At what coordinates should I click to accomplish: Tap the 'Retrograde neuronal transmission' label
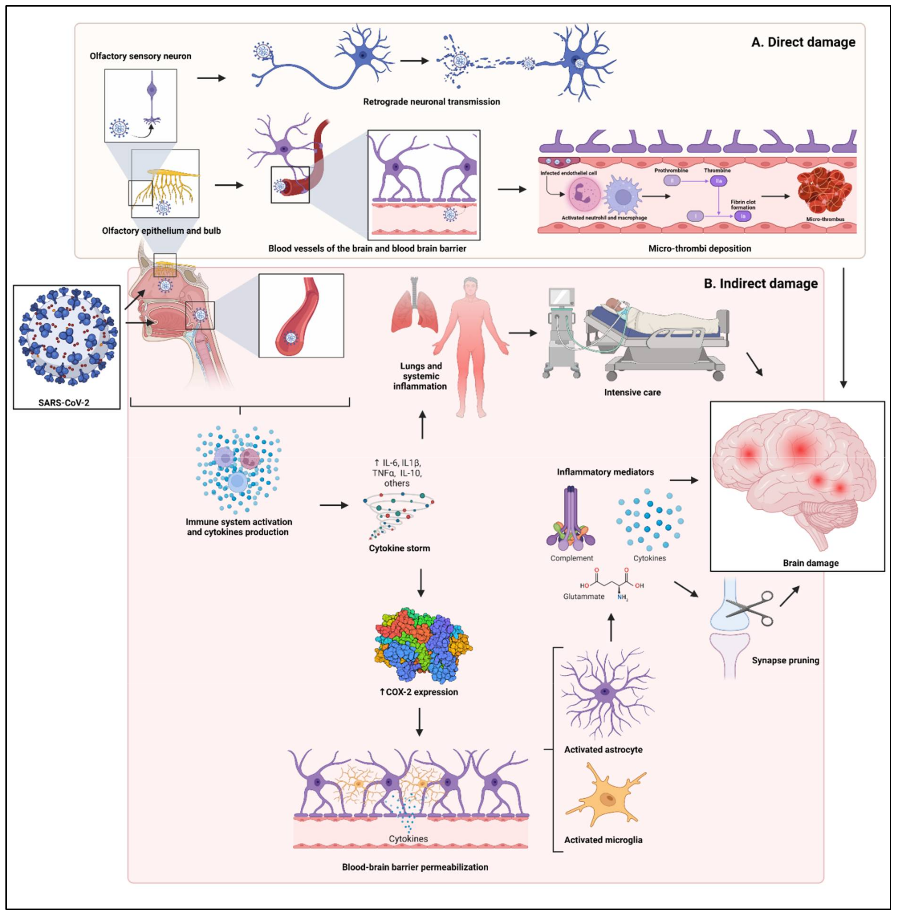point(431,102)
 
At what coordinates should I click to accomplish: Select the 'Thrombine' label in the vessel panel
point(717,170)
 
